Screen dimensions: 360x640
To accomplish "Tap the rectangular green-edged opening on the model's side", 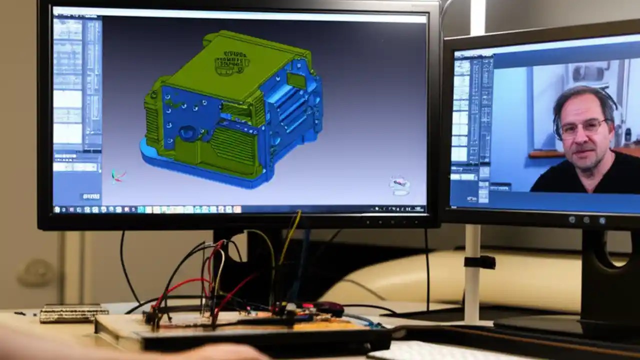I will (x=297, y=80).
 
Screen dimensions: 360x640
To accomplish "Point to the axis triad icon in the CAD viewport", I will (x=118, y=175).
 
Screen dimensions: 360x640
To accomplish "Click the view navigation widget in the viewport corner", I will (x=399, y=185).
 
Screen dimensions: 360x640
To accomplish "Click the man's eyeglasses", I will (x=582, y=127).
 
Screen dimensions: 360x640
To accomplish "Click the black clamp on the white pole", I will (x=478, y=262).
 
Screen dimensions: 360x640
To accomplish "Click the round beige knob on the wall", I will (x=35, y=272).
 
